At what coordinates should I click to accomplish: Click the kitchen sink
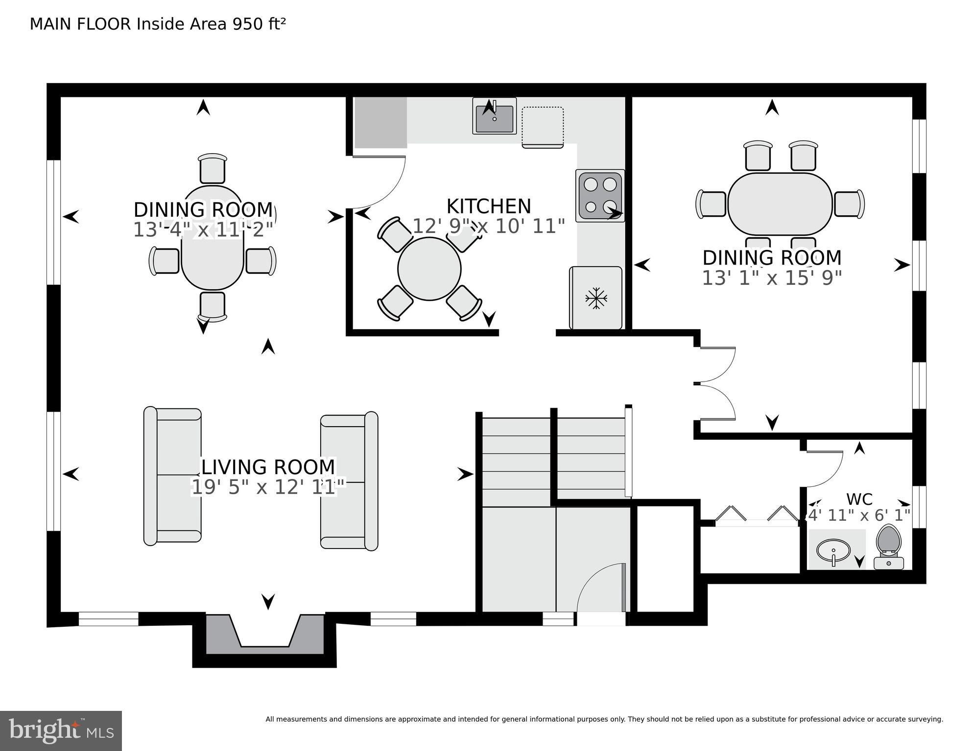click(x=494, y=116)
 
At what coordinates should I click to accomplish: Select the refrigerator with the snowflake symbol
click(x=595, y=298)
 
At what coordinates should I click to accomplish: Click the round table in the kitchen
click(x=429, y=269)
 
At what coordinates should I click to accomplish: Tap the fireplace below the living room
click(x=264, y=635)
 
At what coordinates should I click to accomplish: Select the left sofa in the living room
click(x=172, y=475)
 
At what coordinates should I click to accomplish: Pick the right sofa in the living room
click(x=349, y=481)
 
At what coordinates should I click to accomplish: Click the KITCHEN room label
click(x=488, y=206)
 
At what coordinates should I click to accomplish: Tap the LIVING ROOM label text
click(x=268, y=467)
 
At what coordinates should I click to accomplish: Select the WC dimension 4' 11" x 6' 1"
click(x=859, y=515)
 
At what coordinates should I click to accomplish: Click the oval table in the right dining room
click(x=780, y=204)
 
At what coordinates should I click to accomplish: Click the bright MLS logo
click(x=61, y=730)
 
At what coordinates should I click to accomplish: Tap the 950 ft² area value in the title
click(x=259, y=24)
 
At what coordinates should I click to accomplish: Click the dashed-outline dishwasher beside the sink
click(x=542, y=127)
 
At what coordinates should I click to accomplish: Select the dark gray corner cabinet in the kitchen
click(x=380, y=122)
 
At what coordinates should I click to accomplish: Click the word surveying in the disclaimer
click(x=925, y=719)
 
